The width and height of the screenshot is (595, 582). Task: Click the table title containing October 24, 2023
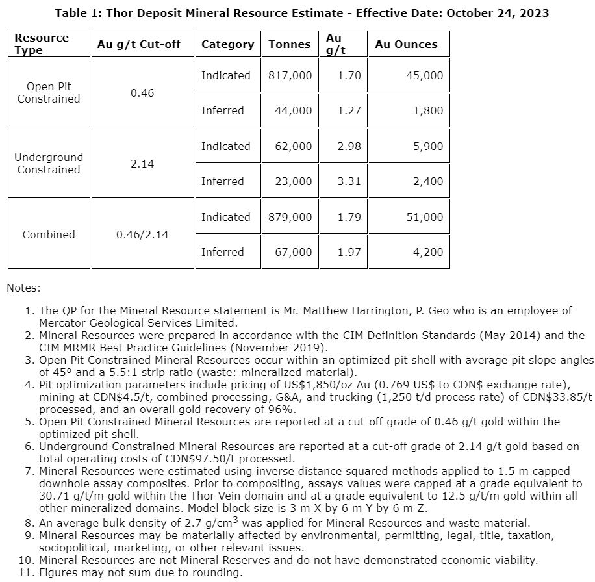(301, 13)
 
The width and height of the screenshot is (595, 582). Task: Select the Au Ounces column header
(406, 44)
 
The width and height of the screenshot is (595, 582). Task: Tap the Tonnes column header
(290, 44)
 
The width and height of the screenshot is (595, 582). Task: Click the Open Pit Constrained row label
(49, 93)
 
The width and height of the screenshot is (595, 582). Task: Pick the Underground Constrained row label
(49, 164)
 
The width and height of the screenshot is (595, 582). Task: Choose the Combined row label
(49, 234)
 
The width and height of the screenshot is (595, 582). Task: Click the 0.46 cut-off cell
(142, 93)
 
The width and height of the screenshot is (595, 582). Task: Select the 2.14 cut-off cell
(142, 164)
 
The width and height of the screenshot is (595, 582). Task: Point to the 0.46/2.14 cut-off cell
(142, 234)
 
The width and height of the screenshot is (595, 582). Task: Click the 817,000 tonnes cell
(290, 75)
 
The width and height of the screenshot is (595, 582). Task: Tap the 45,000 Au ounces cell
(425, 75)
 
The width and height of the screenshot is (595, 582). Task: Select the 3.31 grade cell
(349, 181)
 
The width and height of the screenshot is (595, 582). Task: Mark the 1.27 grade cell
(349, 110)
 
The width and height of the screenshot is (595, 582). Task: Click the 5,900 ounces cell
(428, 146)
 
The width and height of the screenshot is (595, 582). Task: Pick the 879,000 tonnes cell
(290, 217)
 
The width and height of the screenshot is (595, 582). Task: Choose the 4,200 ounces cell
(428, 252)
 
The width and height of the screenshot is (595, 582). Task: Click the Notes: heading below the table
(23, 287)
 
